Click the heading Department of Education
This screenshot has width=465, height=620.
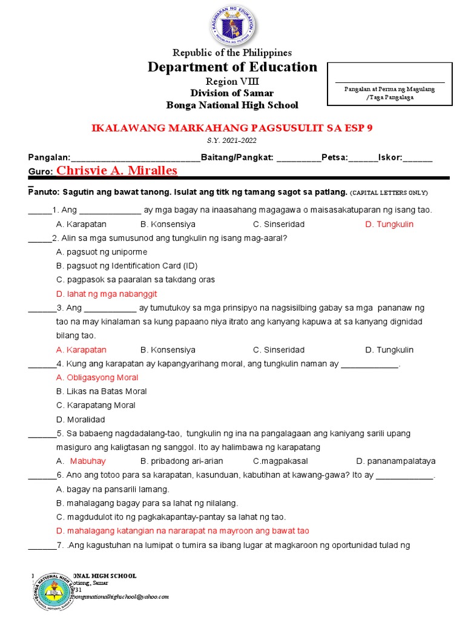click(x=232, y=67)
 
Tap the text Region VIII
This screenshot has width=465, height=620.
click(x=232, y=82)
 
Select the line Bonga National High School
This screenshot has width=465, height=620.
click(x=232, y=105)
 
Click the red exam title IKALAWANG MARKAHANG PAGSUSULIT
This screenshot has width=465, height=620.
click(x=232, y=128)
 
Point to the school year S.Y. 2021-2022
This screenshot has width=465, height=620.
click(x=232, y=140)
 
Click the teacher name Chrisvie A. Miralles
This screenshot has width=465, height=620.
click(x=117, y=171)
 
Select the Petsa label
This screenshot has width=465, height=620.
click(x=334, y=158)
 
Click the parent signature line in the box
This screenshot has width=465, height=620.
click(x=390, y=82)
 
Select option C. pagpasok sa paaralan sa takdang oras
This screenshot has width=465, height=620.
click(x=136, y=280)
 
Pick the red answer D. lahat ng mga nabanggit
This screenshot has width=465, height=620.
click(x=107, y=294)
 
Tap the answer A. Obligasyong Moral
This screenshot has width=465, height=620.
click(x=97, y=377)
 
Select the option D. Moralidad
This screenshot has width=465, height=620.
click(x=81, y=420)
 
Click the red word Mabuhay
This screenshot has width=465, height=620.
click(x=88, y=461)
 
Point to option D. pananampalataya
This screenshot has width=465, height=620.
click(x=396, y=461)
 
